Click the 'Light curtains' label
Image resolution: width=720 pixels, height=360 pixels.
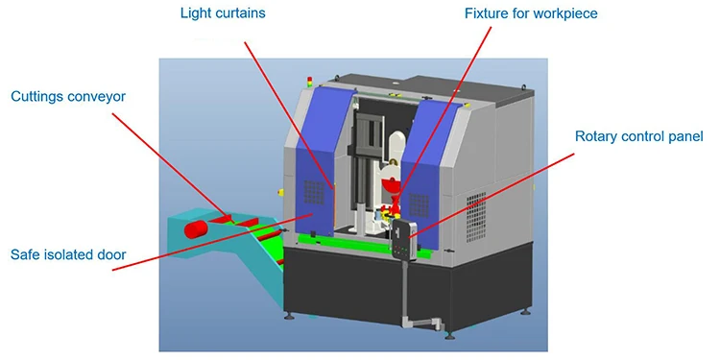(222, 14)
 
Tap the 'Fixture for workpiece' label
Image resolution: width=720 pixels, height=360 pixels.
(531, 14)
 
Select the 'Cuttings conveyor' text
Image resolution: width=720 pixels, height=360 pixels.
(68, 96)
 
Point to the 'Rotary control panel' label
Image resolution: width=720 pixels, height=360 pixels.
(639, 136)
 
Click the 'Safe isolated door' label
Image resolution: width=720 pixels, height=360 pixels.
(68, 254)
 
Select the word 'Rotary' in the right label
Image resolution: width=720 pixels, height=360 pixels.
(596, 136)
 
